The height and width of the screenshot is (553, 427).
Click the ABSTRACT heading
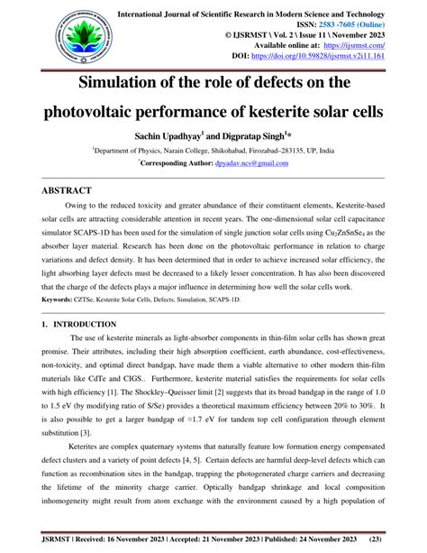68,191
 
